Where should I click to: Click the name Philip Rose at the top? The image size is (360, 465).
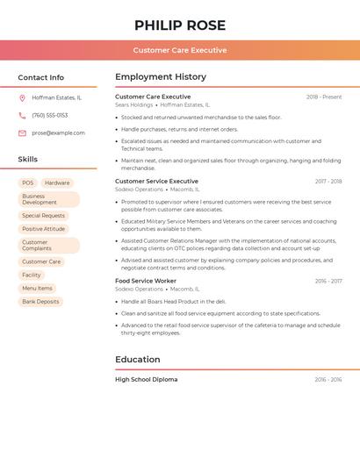tap(180, 25)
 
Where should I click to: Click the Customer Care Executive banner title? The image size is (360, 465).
tap(180, 50)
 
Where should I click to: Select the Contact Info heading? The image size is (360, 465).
tap(41, 77)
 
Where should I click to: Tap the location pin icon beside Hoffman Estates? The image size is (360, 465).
tap(22, 98)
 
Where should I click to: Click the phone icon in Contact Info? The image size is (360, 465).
tap(22, 116)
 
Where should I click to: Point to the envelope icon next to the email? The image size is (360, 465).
tap(22, 133)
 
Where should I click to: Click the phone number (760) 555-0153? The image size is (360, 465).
tap(50, 116)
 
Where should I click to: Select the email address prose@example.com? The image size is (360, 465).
tap(59, 133)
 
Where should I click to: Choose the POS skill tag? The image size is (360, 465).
tap(28, 183)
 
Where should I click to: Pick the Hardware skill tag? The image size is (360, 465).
tap(57, 183)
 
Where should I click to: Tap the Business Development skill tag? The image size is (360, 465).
tap(48, 199)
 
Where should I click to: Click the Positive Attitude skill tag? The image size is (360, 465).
tap(44, 229)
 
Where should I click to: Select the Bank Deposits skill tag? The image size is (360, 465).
tap(40, 302)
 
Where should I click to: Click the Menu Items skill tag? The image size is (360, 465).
tap(37, 288)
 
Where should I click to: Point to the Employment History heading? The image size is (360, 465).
tap(161, 77)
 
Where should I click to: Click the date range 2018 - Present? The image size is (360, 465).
tap(324, 97)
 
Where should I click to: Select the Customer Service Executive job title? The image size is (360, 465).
tap(156, 182)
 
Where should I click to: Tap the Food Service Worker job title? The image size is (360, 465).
tap(146, 281)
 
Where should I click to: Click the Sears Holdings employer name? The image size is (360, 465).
tap(133, 105)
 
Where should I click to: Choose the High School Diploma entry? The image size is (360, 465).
tap(146, 380)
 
